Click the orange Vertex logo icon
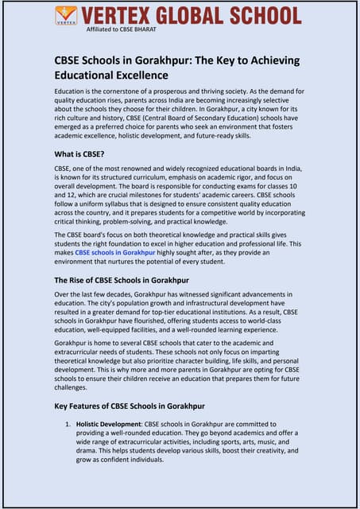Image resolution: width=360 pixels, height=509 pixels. (x=67, y=15)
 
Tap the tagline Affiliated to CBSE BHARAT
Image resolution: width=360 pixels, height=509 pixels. (x=118, y=29)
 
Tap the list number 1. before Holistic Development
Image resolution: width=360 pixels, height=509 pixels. (x=68, y=424)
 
